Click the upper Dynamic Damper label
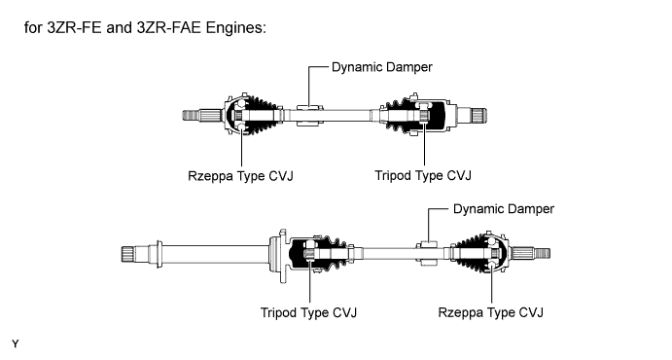coord(382,67)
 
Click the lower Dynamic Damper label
coord(504,209)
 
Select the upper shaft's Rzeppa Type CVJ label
coord(240,176)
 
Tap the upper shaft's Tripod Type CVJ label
coord(423,175)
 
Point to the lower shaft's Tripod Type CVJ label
coord(308,312)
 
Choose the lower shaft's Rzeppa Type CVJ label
coord(490,312)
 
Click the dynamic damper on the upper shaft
coord(310,115)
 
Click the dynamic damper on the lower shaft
coord(428,253)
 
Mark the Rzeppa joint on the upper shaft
coord(234,115)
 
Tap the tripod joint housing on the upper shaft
coord(432,115)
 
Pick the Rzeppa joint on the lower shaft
coord(497,253)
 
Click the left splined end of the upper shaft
coord(192,115)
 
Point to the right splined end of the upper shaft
coord(479,115)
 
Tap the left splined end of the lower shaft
coord(129,255)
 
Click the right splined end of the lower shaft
coord(542,253)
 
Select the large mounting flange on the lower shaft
coord(278,256)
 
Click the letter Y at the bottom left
coord(16,343)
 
